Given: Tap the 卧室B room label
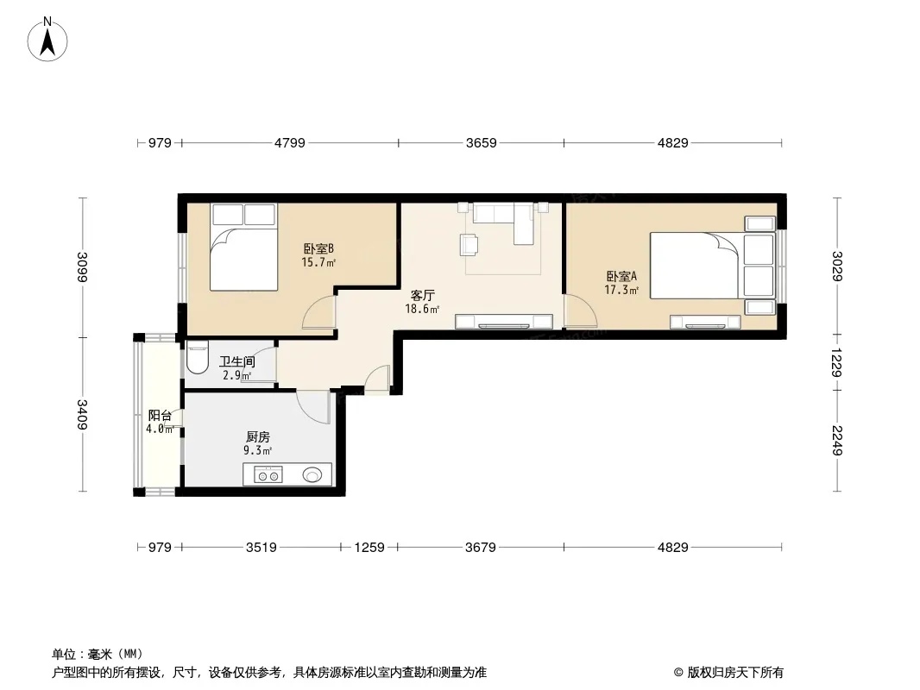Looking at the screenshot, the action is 318,248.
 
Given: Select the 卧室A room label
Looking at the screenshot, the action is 621,275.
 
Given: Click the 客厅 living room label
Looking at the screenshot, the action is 422,295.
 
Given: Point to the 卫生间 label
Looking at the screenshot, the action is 237,361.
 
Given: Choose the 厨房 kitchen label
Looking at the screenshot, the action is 257,436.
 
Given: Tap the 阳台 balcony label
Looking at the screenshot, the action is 160,416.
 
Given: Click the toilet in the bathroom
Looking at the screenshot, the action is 197,357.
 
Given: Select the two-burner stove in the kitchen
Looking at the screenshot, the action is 268,474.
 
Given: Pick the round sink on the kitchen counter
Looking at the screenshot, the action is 312,474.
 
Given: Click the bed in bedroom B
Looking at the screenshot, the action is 243,248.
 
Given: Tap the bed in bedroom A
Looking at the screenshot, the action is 712,266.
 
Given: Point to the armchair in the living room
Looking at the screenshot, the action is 469,244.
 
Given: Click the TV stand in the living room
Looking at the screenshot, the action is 504,321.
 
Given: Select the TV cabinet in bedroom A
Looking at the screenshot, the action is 705,322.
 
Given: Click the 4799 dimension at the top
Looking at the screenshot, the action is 290,142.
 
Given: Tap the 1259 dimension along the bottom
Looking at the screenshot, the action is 369,547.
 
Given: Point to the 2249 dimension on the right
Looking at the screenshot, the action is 837,440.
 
